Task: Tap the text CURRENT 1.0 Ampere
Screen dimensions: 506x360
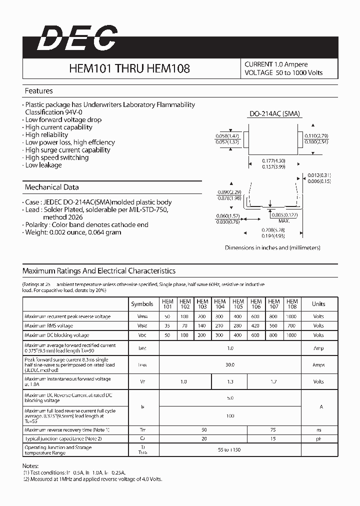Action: (x=276, y=64)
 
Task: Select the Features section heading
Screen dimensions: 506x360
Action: (x=39, y=91)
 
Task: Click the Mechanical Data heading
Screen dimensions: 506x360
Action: (x=52, y=187)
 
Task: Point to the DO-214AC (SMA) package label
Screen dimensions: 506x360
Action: (x=274, y=113)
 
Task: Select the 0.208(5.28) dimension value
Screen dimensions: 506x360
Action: (x=272, y=230)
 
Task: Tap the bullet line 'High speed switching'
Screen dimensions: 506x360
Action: (x=56, y=157)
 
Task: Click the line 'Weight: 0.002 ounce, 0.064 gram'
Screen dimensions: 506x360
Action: (x=73, y=232)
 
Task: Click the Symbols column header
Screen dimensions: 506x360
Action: (x=142, y=304)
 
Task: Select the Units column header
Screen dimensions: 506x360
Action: (x=318, y=304)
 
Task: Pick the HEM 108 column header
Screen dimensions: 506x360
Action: (x=292, y=304)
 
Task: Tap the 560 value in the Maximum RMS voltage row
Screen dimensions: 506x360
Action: (x=274, y=326)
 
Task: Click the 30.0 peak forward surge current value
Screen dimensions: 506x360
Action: (x=229, y=365)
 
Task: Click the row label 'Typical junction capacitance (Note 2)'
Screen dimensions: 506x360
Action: (x=63, y=438)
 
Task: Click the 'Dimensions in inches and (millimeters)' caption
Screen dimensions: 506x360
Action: (x=272, y=248)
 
